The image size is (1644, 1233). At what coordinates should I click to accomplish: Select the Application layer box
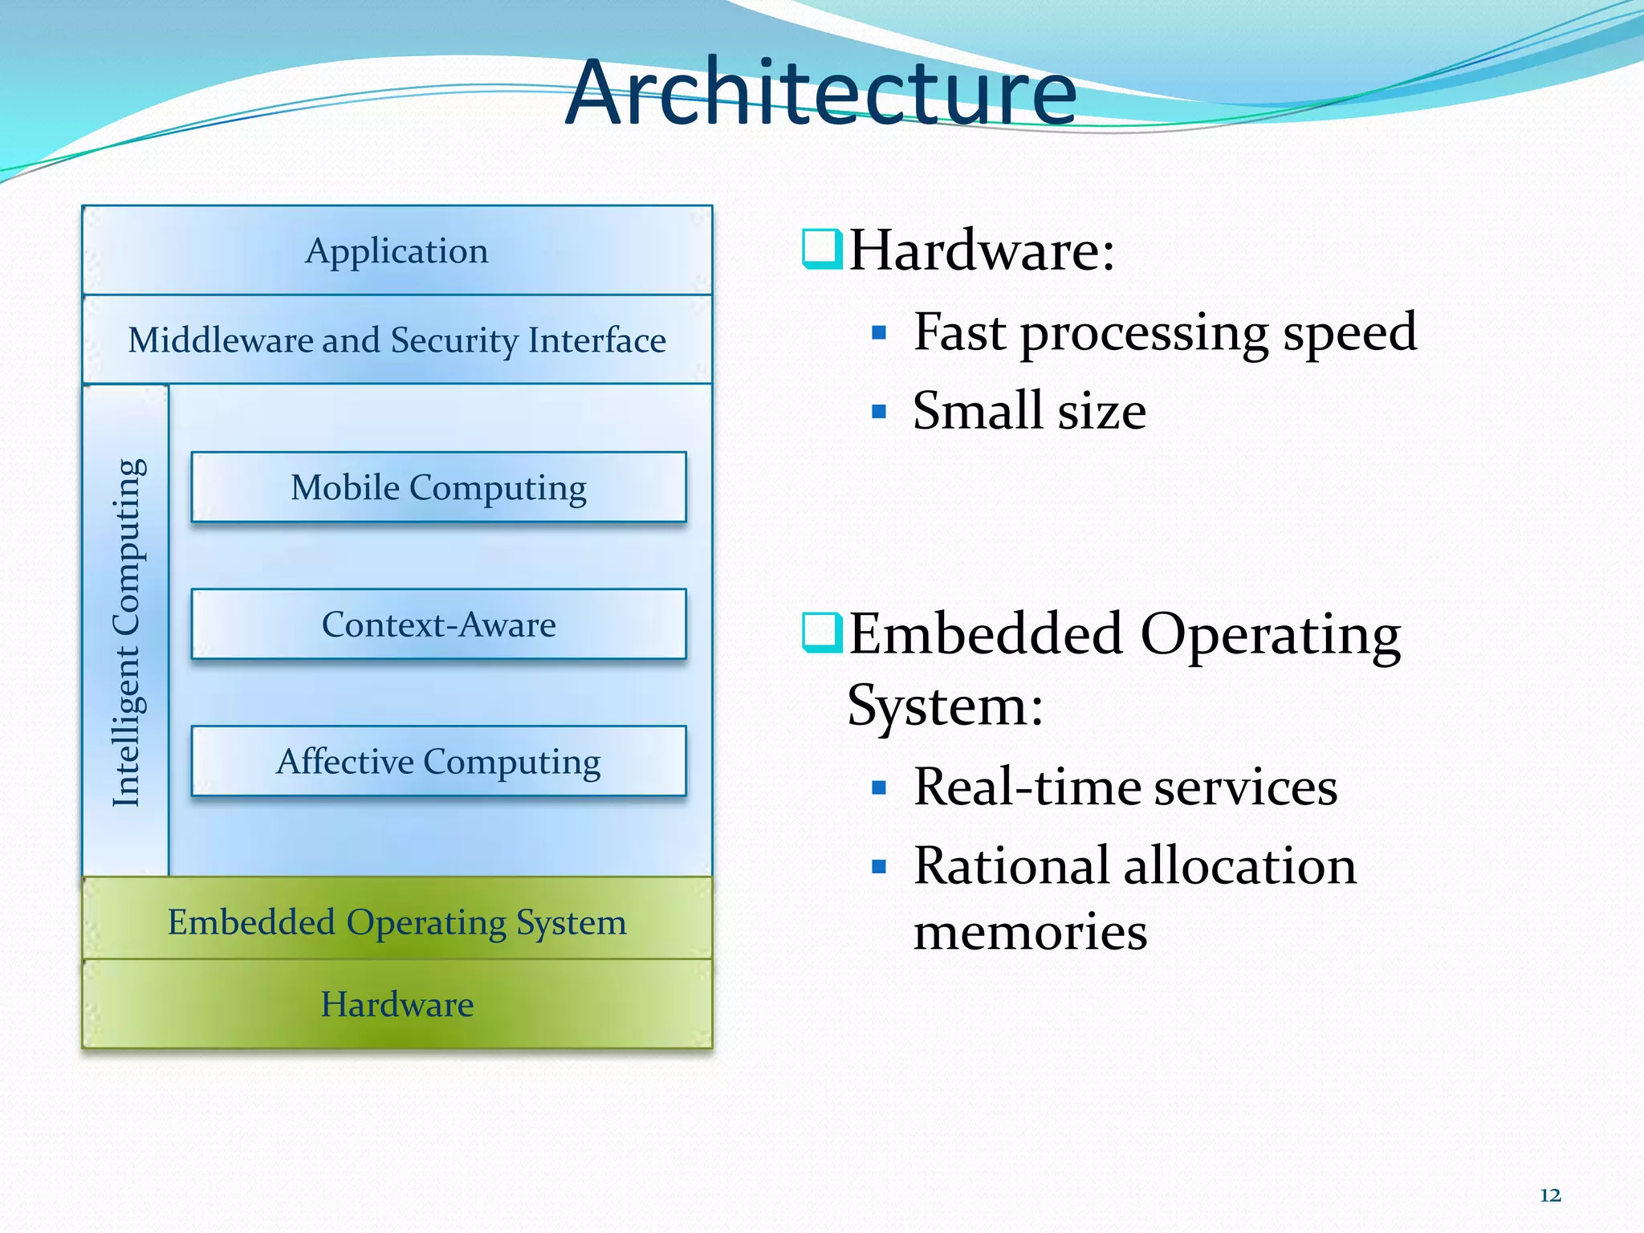click(397, 251)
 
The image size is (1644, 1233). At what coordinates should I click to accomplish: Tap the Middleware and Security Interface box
click(397, 340)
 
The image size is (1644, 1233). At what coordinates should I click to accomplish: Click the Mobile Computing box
click(438, 487)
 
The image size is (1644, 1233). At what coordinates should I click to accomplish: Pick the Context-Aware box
click(438, 625)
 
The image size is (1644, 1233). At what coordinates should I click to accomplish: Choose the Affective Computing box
click(438, 762)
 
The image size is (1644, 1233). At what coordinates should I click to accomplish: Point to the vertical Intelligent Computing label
click(128, 633)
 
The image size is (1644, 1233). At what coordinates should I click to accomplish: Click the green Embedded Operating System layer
click(397, 922)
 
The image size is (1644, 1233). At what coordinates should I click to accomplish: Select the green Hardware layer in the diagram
click(397, 1004)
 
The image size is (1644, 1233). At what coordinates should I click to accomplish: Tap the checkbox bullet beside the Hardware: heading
click(822, 249)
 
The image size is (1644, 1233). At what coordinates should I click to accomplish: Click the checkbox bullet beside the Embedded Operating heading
click(822, 633)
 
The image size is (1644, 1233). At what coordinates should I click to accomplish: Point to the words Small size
click(1029, 411)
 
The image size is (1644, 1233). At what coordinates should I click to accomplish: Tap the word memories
click(1030, 932)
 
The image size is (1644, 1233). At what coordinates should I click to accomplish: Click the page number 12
click(1550, 1195)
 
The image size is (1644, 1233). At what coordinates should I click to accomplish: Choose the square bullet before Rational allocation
click(879, 867)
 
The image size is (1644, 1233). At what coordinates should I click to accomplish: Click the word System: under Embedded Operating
click(945, 706)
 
